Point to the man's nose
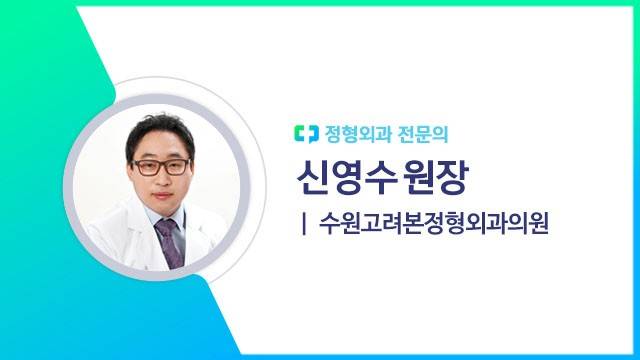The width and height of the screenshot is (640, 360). (x=158, y=179)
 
